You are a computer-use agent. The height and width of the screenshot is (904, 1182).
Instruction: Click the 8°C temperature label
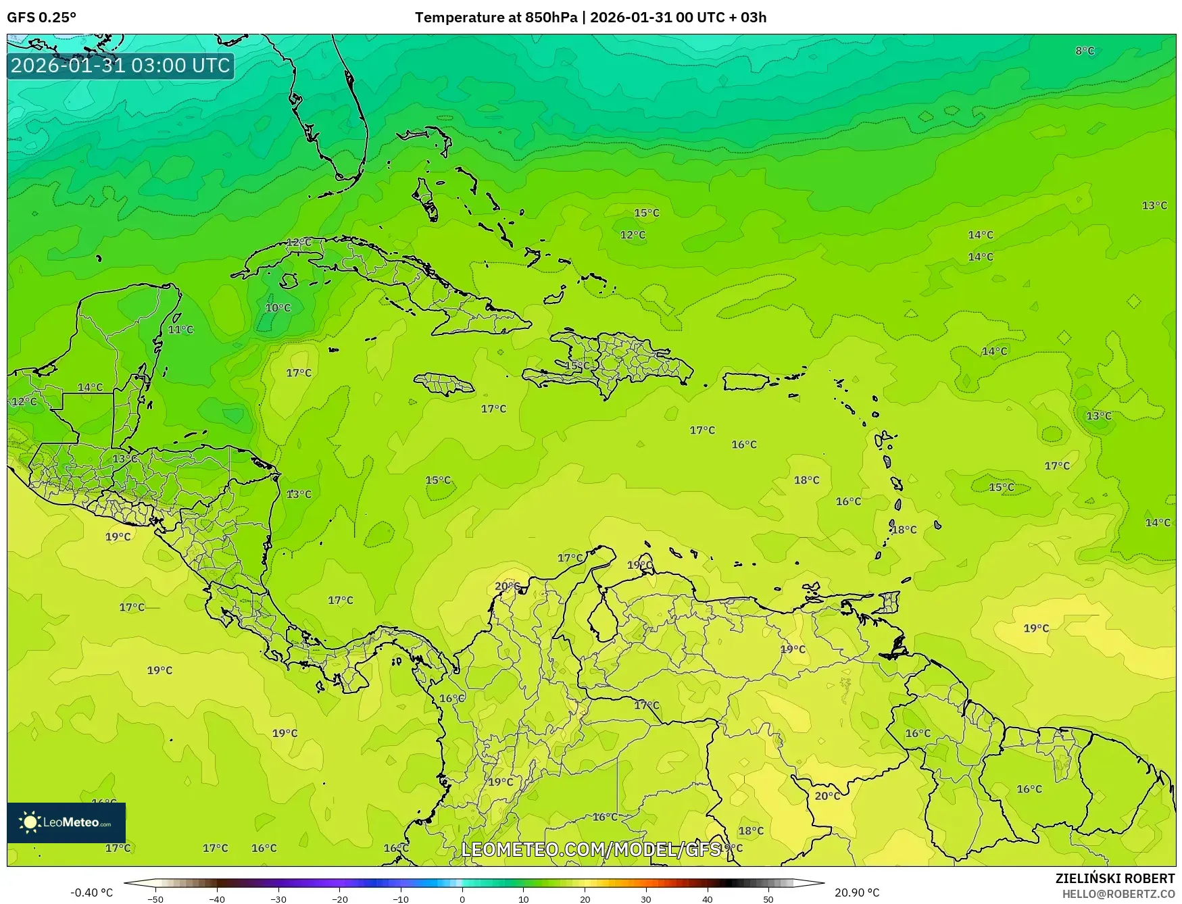[1085, 51]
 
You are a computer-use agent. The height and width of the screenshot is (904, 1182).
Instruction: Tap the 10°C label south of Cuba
[278, 308]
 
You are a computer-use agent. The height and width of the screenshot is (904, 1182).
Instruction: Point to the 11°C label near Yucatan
[180, 330]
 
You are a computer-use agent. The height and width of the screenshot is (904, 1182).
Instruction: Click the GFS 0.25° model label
[42, 18]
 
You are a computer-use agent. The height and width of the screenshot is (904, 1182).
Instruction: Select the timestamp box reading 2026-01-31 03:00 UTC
[121, 66]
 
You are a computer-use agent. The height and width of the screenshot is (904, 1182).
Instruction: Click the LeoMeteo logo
[66, 822]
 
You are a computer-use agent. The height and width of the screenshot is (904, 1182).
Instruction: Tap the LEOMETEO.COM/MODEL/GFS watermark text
[591, 849]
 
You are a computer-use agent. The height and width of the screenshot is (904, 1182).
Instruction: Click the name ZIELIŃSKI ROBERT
[1115, 878]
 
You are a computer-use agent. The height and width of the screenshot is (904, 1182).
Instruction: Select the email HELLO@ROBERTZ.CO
[1118, 894]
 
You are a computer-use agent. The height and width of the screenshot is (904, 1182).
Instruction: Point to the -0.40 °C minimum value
[92, 893]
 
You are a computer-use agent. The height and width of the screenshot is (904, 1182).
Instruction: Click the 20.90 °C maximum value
[857, 893]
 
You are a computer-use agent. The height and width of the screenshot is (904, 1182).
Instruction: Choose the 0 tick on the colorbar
[462, 899]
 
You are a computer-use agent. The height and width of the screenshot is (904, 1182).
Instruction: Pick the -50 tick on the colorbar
[155, 899]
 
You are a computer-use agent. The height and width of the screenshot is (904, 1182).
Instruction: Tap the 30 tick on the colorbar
[646, 899]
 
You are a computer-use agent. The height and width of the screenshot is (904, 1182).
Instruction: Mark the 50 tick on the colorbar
[768, 899]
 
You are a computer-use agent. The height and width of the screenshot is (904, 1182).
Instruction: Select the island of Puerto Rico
[747, 382]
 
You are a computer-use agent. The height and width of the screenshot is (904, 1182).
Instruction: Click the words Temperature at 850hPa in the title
[496, 18]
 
